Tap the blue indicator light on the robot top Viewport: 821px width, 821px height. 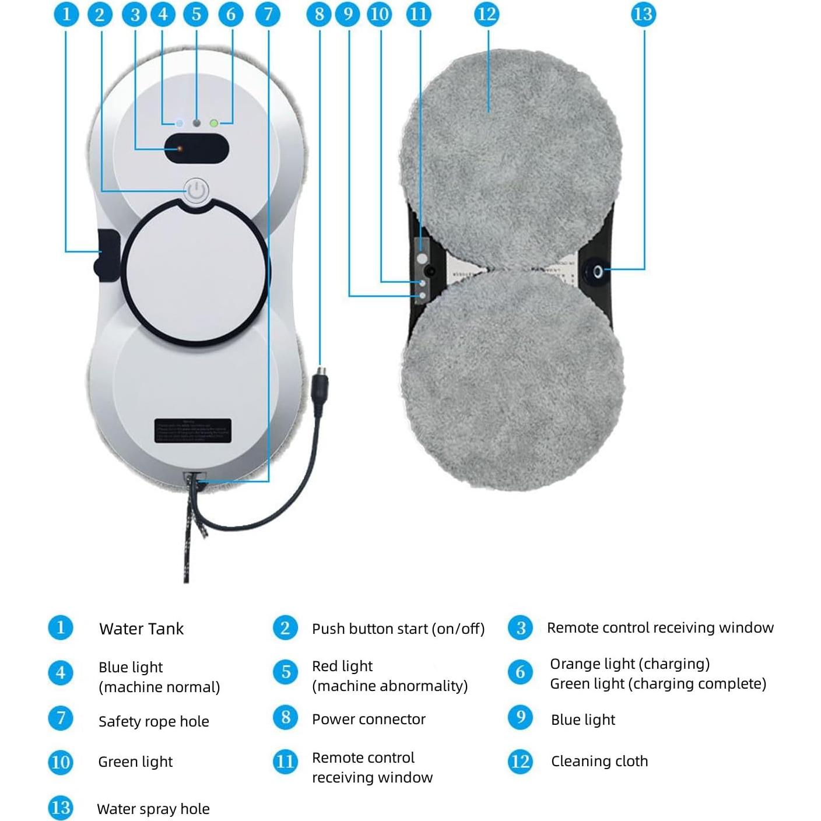coord(180,124)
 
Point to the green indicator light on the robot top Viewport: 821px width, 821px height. coord(214,124)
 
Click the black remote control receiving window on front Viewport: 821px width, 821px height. coord(196,149)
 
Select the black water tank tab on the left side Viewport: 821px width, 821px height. coord(107,255)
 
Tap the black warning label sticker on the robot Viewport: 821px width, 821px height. coord(193,431)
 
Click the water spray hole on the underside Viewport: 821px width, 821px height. coord(598,271)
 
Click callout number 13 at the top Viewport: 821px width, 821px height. coord(643,14)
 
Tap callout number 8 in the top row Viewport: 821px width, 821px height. coord(319,14)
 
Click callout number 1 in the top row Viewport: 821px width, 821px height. coord(66,14)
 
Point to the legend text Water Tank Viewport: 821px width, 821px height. coord(141,629)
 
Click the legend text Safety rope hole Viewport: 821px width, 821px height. coord(153,721)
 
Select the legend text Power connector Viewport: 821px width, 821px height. coord(369,719)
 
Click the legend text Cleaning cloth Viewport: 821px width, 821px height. coord(599,761)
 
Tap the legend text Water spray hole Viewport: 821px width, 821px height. coord(153,809)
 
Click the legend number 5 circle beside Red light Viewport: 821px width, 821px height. coord(285,672)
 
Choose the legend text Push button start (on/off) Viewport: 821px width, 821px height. coord(398,629)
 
